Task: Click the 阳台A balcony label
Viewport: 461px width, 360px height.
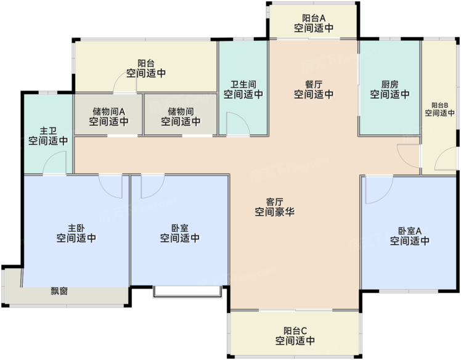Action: click(314, 18)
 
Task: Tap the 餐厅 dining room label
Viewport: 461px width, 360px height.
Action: click(314, 84)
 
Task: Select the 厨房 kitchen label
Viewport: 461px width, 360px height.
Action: click(390, 84)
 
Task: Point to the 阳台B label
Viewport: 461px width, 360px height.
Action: click(439, 105)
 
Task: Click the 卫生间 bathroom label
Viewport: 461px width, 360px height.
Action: click(243, 84)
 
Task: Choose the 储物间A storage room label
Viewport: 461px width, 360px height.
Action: click(109, 112)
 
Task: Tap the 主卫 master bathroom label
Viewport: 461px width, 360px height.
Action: click(48, 131)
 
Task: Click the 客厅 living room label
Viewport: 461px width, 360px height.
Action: click(274, 202)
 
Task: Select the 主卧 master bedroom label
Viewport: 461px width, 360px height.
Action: click(76, 228)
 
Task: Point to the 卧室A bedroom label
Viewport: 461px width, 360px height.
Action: click(410, 231)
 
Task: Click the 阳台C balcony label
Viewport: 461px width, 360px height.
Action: click(295, 331)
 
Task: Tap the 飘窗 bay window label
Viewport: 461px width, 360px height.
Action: click(59, 291)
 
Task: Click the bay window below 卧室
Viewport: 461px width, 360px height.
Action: click(187, 291)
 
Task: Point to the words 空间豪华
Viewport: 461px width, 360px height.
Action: click(275, 212)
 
